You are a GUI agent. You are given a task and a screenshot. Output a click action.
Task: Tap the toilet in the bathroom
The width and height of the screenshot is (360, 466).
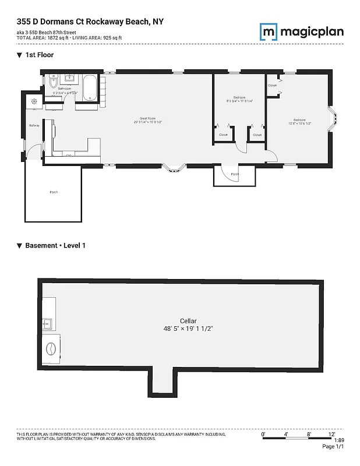pos(52,80)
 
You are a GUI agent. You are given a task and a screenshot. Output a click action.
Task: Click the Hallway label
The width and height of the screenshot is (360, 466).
pos(34,125)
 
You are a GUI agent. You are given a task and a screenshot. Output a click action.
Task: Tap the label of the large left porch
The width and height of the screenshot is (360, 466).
pos(54,192)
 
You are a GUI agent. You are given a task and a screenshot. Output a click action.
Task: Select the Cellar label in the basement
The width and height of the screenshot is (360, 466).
pos(188,321)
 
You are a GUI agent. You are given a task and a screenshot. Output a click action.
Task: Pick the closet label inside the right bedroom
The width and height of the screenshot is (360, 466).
pos(273,86)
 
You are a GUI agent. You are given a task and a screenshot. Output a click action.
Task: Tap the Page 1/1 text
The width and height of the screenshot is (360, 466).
pos(334,447)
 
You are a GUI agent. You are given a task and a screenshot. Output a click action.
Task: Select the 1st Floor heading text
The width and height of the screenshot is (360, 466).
pos(39,54)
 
